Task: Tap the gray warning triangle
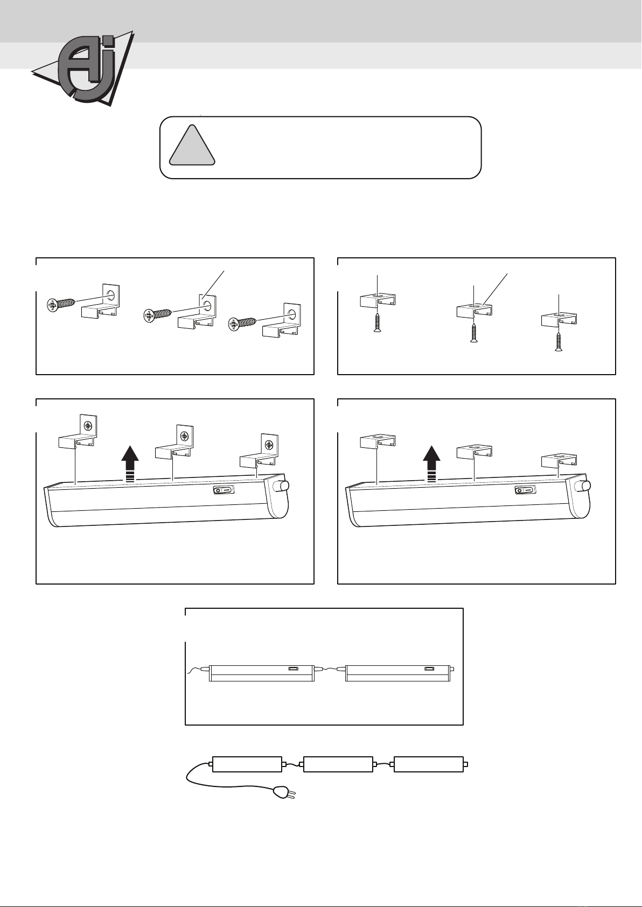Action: pyautogui.click(x=192, y=146)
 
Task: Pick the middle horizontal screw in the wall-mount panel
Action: pyautogui.click(x=158, y=314)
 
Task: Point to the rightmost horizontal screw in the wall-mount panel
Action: pyautogui.click(x=243, y=323)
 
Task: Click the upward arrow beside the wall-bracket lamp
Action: pyautogui.click(x=130, y=463)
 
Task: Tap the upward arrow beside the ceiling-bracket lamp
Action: pyautogui.click(x=432, y=463)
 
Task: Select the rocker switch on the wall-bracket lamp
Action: pyautogui.click(x=224, y=490)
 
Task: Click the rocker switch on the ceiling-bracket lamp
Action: pyautogui.click(x=525, y=490)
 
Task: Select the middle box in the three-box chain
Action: pyautogui.click(x=338, y=764)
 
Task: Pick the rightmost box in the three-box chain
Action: pyautogui.click(x=429, y=764)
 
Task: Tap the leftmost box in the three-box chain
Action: pyautogui.click(x=247, y=764)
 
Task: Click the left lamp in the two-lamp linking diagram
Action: pyautogui.click(x=261, y=672)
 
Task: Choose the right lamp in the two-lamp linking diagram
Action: pyautogui.click(x=397, y=672)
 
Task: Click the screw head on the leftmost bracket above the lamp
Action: pyautogui.click(x=87, y=426)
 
